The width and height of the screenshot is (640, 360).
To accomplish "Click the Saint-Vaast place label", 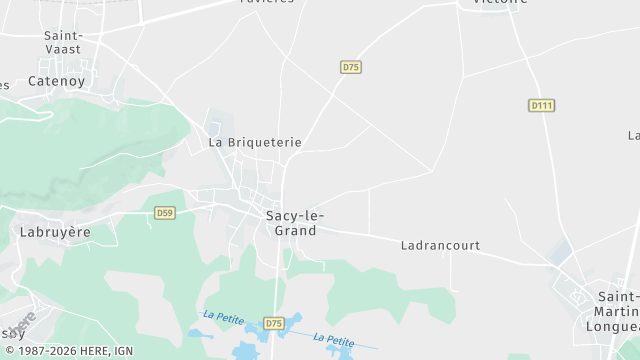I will (x=63, y=41).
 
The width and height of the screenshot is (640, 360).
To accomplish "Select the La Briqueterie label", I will (x=254, y=143).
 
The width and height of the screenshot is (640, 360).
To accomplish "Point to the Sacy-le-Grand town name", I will (x=294, y=223).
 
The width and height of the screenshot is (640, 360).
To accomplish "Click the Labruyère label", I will (x=55, y=232).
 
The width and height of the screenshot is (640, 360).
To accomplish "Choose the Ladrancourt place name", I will (x=440, y=245).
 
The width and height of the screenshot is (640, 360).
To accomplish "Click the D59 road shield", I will (x=165, y=213).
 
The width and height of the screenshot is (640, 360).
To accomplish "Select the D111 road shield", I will (x=541, y=105).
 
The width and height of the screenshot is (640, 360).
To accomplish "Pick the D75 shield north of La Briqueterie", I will (x=350, y=67).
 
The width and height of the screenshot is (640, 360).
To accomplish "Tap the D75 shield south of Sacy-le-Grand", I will (x=275, y=323).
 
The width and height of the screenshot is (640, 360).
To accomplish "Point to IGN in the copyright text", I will (x=124, y=351).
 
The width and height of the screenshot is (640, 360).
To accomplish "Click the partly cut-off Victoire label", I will (x=492, y=3).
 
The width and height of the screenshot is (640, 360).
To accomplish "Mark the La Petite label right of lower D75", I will (x=334, y=339).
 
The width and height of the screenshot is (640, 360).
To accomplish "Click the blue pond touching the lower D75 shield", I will (x=293, y=322).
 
